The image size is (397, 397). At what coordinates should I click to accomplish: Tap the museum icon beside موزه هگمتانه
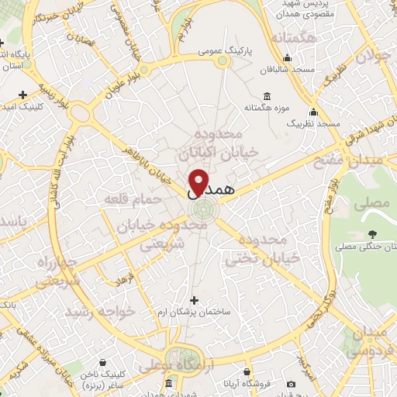268,96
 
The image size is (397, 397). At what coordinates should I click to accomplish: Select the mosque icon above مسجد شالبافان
288,57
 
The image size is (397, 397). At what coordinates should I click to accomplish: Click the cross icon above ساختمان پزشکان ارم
194,299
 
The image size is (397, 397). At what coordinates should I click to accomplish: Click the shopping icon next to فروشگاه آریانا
291,383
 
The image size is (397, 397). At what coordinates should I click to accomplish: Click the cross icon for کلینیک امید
23,95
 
